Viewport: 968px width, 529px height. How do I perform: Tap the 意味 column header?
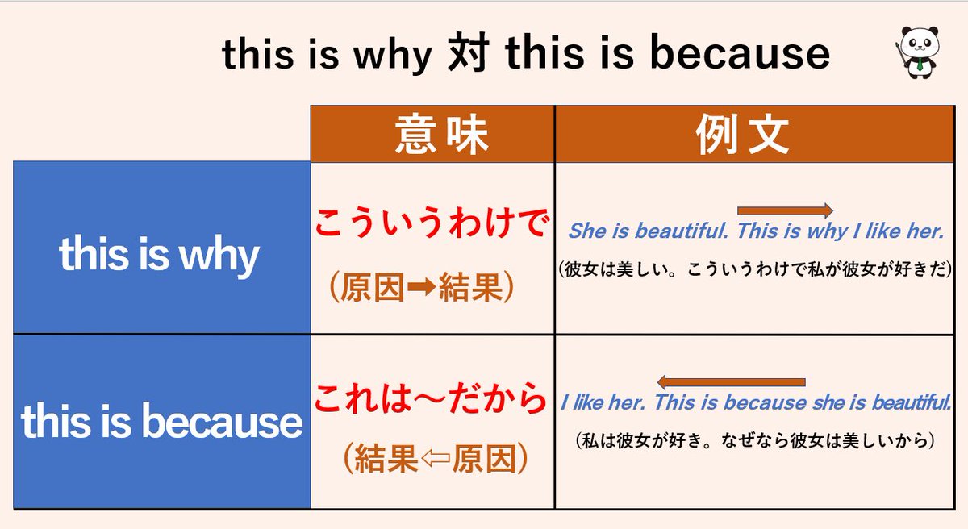pos(432,135)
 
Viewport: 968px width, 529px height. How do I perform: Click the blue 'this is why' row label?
pos(161,256)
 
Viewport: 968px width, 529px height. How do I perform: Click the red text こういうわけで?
pos(432,224)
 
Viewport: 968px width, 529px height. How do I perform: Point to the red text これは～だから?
pos(432,398)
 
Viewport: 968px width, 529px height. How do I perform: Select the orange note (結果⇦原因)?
pos(432,460)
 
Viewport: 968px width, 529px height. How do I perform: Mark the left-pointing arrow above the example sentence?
pos(732,382)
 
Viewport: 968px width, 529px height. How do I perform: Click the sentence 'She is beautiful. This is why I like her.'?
pos(756,231)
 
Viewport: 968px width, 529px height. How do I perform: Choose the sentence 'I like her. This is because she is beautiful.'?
pos(756,402)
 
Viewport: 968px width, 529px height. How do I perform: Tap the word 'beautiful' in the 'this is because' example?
pos(909,402)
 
